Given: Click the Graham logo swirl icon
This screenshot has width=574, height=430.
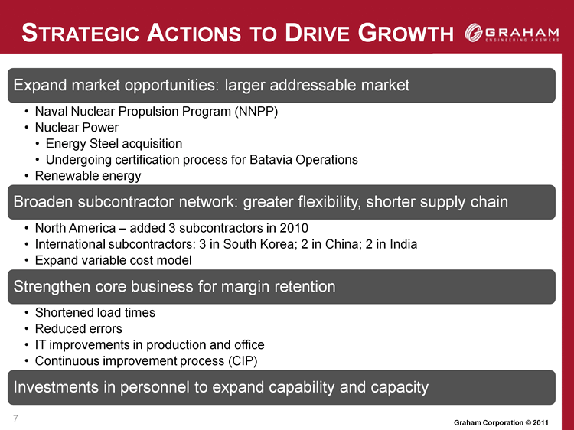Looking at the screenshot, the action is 474,33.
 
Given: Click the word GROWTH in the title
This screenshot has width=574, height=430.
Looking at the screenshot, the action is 406,34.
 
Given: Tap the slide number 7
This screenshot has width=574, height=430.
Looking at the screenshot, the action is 15,419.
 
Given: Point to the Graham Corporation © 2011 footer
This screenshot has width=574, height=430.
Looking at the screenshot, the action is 501,422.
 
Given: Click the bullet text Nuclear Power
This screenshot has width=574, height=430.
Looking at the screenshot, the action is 77,127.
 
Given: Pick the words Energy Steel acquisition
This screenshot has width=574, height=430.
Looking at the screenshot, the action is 114,143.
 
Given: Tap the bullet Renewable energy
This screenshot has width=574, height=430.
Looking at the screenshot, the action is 88,176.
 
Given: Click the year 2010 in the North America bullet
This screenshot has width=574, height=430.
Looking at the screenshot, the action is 294,228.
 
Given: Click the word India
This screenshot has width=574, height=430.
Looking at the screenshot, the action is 403,244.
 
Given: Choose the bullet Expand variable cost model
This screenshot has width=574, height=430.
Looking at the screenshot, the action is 113,260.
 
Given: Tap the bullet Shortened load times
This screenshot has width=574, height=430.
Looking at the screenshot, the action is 95,312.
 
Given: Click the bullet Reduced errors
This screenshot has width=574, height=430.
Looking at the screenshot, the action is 78,329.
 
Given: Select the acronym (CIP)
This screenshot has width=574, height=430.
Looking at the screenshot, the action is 243,361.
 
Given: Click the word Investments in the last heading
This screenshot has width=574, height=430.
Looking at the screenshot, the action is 56,387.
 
